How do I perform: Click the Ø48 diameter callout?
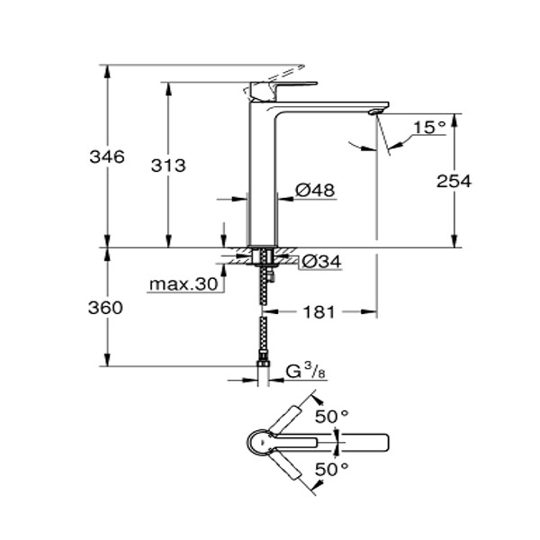click(315, 191)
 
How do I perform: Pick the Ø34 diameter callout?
click(320, 262)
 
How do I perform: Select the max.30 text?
click(184, 284)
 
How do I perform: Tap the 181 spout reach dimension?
click(319, 312)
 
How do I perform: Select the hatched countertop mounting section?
click(263, 255)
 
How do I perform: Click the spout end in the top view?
click(373, 443)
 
